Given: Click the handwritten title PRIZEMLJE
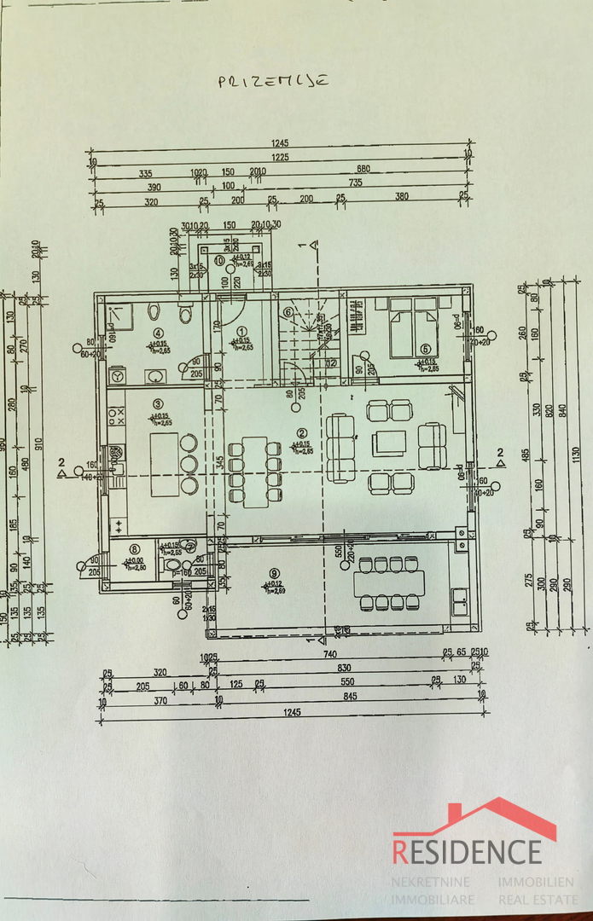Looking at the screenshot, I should pos(274,82).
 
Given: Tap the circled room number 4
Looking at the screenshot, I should pos(157,333).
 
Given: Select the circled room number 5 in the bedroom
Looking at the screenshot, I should pos(424,348).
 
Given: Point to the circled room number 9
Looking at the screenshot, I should pos(274,573).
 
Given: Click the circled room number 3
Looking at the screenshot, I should pos(158,403).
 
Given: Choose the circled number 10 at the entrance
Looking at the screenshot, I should pos(219,260).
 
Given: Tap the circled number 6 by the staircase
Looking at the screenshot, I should pos(288,312).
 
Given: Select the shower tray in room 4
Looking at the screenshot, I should pos(120,317).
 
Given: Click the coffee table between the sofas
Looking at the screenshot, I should pos(389,443).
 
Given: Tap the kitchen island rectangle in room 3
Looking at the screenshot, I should pos(165,464).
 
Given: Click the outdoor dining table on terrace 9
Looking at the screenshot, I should pos(389,583).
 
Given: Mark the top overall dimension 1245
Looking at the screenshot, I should pos(281,144).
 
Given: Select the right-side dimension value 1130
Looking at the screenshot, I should pos(576,451).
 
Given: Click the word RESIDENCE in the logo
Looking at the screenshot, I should pos(467,851).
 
